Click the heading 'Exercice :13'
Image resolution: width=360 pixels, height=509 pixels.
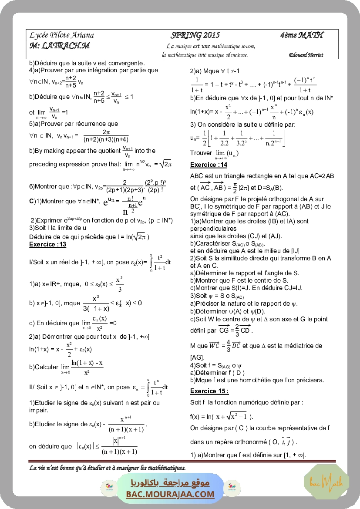[47, 244]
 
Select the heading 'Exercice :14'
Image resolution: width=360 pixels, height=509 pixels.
[209, 165]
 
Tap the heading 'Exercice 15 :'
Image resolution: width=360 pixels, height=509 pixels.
[209, 391]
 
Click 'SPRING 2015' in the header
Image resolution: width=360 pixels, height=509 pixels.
[195, 36]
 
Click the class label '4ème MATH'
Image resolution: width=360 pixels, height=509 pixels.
[302, 36]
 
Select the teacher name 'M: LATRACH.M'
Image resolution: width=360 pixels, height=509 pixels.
[60, 46]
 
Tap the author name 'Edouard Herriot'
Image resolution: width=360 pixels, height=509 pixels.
[306, 55]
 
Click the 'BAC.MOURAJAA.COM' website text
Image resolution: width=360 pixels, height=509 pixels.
[170, 494]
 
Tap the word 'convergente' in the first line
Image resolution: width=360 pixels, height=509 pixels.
[126, 63]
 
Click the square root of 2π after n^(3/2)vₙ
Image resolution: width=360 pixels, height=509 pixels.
[166, 164]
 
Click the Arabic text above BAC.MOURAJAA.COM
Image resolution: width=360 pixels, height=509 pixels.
[170, 482]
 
